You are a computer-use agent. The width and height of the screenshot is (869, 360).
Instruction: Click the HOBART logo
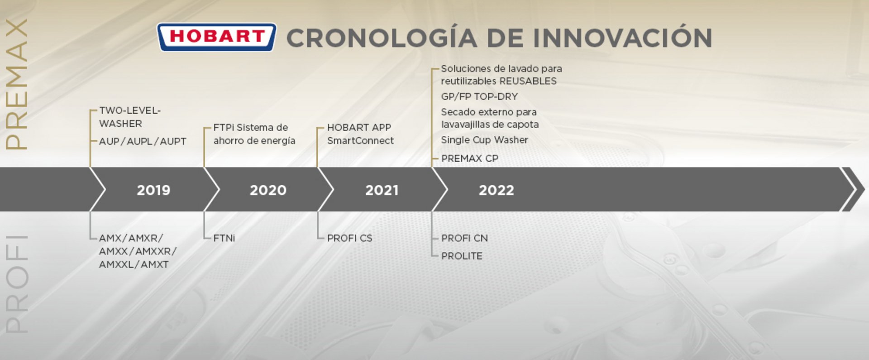click(x=216, y=37)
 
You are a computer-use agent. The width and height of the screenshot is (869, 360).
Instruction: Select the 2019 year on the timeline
click(x=153, y=190)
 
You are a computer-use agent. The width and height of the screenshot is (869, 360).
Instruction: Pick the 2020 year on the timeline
click(x=268, y=190)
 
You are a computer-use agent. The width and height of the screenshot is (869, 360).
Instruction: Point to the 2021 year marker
click(x=382, y=190)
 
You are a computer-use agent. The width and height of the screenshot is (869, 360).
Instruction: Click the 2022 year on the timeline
click(x=497, y=190)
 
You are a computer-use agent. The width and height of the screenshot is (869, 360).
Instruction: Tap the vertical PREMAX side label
click(x=17, y=84)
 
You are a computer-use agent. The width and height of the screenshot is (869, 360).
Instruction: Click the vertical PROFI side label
click(x=17, y=284)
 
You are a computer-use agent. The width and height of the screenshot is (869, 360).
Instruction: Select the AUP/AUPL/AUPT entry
click(x=143, y=141)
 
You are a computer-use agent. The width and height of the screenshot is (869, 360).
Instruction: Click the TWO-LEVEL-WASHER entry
click(x=130, y=117)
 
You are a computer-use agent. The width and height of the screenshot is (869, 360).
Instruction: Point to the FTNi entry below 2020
click(x=224, y=238)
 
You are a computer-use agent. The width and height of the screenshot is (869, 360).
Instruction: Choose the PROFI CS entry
click(x=350, y=238)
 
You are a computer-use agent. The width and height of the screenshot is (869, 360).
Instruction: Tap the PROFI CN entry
click(x=464, y=238)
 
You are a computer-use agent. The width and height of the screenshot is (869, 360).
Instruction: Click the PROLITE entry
click(x=462, y=256)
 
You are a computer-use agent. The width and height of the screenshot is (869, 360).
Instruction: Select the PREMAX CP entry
click(x=470, y=158)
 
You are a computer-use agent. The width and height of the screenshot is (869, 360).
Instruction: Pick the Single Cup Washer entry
click(x=484, y=140)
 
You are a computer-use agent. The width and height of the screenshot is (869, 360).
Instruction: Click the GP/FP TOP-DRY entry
click(x=479, y=96)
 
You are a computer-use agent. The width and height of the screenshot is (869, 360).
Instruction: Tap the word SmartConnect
click(x=360, y=140)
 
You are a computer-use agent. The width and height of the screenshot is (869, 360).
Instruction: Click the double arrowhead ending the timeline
click(x=853, y=189)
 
